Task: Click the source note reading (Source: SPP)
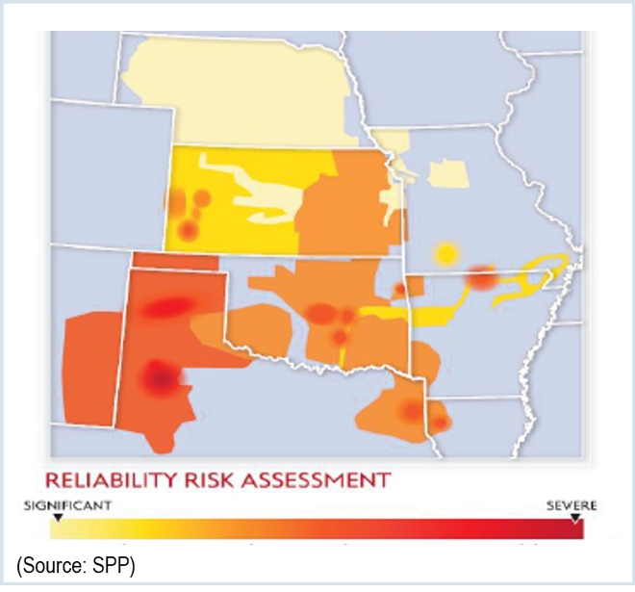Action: (x=75, y=562)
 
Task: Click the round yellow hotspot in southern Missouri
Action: (x=444, y=254)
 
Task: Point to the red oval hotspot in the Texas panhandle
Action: (x=168, y=307)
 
